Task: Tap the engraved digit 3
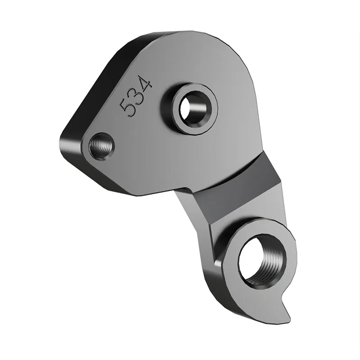pyautogui.click(x=135, y=95)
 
